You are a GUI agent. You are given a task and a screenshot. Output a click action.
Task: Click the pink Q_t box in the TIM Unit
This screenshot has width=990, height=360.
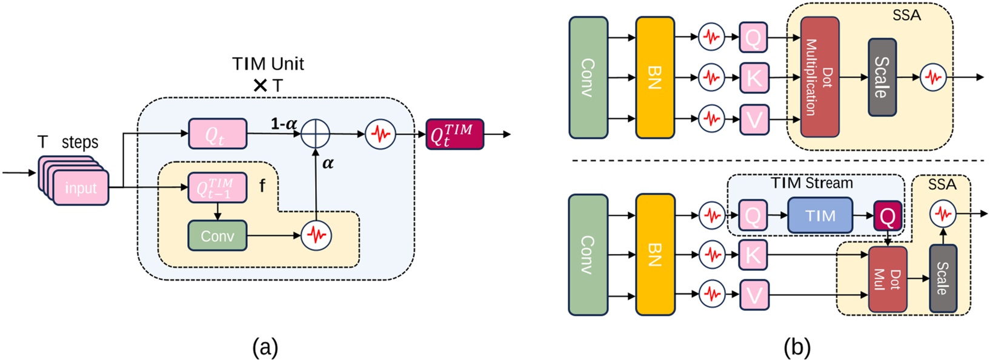pyautogui.click(x=218, y=134)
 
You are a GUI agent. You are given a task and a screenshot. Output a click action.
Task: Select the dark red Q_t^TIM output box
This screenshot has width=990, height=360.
pyautogui.click(x=454, y=134)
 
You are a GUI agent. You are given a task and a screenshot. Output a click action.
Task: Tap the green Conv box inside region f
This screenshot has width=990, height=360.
pyautogui.click(x=218, y=236)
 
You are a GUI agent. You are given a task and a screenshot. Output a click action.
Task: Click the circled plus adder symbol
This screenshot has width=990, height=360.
pyautogui.click(x=316, y=134)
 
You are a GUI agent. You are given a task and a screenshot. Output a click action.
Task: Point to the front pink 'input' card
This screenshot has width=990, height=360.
pyautogui.click(x=81, y=188)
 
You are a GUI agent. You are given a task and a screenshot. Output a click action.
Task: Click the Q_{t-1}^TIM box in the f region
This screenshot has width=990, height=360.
pyautogui.click(x=218, y=188)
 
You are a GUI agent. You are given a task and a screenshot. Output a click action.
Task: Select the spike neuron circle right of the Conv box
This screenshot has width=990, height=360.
pyautogui.click(x=316, y=236)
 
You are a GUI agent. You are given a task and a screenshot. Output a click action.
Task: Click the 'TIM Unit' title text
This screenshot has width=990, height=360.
pyautogui.click(x=268, y=64)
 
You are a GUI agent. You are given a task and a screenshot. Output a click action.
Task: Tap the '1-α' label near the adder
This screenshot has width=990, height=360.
pyautogui.click(x=284, y=124)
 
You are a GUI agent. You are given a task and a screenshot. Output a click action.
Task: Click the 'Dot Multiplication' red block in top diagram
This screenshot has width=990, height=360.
pyautogui.click(x=819, y=77)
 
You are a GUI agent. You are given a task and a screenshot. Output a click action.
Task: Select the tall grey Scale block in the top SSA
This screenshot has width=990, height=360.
pyautogui.click(x=882, y=77)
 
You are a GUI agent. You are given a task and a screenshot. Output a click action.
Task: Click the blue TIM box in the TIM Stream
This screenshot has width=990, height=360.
pyautogui.click(x=820, y=216)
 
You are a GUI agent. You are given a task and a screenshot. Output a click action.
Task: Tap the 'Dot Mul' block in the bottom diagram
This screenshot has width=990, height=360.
pyautogui.click(x=887, y=279)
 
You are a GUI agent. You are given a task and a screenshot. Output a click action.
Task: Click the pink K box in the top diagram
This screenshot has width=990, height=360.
pyautogui.click(x=754, y=78)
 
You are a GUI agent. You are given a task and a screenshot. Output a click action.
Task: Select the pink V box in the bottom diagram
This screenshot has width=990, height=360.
pyautogui.click(x=754, y=295)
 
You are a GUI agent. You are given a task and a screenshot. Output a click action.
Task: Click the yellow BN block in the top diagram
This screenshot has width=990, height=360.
pyautogui.click(x=654, y=77)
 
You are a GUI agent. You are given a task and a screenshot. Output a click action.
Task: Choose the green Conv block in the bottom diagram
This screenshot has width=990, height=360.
pyautogui.click(x=588, y=255)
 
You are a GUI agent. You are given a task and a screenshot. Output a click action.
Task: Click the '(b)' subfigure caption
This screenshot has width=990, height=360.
pyautogui.click(x=797, y=347)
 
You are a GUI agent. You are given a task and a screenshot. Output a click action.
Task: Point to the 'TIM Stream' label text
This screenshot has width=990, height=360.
pyautogui.click(x=811, y=183)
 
